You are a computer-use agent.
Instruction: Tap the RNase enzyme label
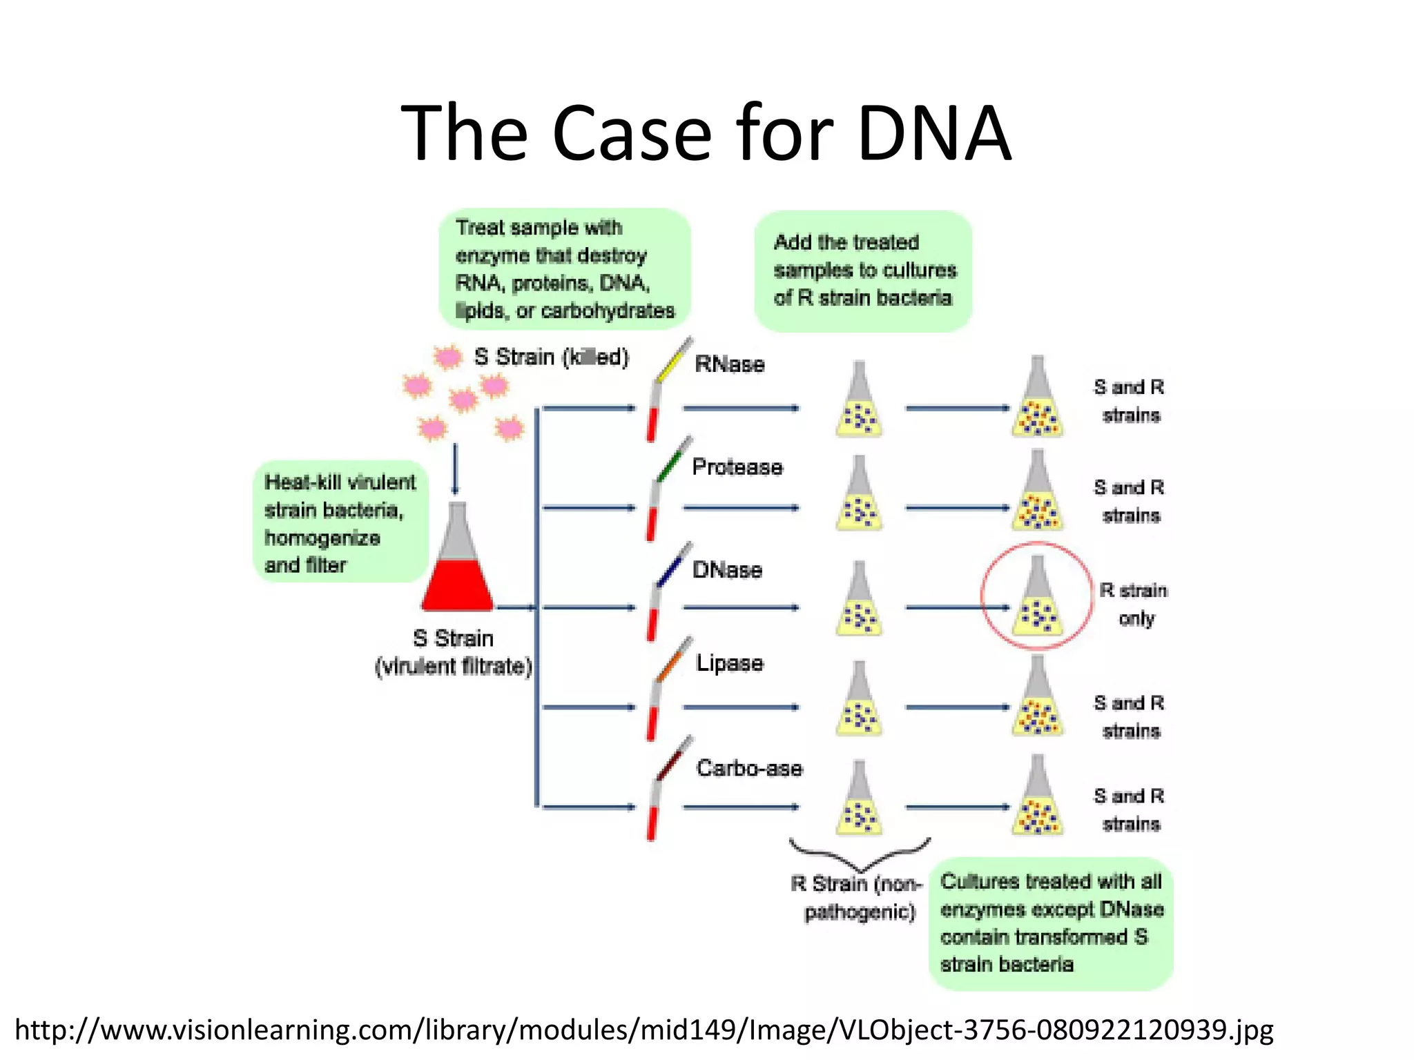tap(729, 364)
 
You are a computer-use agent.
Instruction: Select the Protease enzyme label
tap(737, 467)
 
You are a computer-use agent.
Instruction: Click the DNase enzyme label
tap(727, 569)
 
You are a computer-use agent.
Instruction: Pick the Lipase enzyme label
tap(729, 663)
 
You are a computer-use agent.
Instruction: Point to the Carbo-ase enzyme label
tap(749, 768)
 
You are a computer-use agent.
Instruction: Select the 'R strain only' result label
tap(1134, 604)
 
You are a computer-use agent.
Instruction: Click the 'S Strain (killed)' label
tap(551, 357)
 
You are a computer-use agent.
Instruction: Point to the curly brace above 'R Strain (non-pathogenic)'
tap(860, 854)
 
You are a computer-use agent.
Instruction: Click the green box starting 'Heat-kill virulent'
tap(340, 522)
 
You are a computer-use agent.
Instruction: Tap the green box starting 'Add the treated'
tap(863, 271)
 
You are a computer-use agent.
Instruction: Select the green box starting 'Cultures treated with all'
tap(1051, 923)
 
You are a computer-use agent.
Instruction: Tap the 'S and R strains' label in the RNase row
tap(1129, 401)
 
